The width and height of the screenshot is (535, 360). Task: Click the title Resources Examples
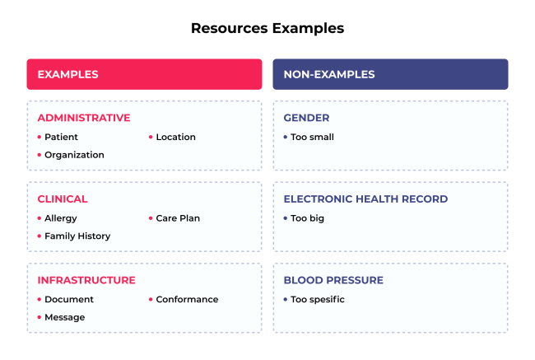point(267,28)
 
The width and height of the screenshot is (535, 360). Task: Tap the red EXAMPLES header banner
point(144,74)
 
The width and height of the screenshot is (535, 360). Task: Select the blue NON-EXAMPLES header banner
point(390,74)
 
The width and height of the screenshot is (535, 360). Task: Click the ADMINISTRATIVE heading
point(83,118)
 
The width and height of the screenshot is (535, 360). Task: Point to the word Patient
point(62,137)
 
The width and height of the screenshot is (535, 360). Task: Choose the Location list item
point(175,137)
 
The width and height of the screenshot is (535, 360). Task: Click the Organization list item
point(74,155)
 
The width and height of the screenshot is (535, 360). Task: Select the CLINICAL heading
point(63,199)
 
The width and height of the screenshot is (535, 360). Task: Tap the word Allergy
point(61,218)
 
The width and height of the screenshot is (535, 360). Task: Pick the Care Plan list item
point(178,218)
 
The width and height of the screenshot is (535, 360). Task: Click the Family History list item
point(77,236)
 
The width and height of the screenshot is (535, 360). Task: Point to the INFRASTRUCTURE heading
point(86,280)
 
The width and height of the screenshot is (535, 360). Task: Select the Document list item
point(69,299)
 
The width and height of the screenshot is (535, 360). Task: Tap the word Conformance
point(187,299)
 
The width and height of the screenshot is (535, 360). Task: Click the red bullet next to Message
point(39,317)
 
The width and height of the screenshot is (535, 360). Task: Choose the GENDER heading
point(306,118)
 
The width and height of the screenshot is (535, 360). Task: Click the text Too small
point(312,137)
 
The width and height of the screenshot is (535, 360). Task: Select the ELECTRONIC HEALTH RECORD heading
point(365,199)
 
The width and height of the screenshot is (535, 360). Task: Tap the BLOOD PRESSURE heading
point(333,280)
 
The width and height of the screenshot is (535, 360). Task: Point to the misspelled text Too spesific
point(317,299)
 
